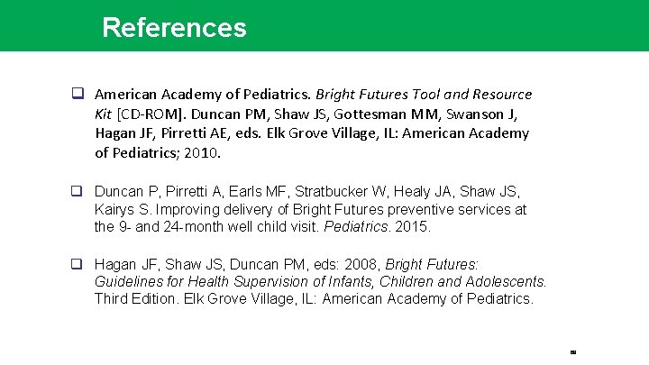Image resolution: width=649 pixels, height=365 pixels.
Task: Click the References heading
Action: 174,27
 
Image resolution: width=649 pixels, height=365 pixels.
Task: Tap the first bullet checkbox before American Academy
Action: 78,94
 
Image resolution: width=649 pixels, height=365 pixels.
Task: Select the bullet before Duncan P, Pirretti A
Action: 78,192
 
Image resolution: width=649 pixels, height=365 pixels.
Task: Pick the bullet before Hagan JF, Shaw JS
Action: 78,265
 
